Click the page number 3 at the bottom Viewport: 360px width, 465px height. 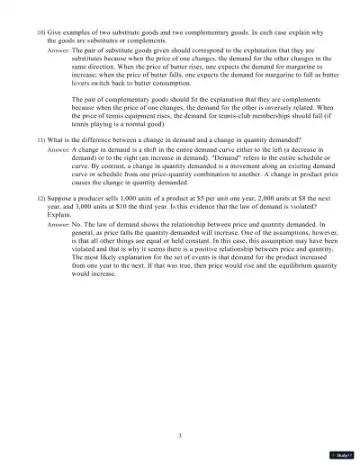(x=180, y=434)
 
